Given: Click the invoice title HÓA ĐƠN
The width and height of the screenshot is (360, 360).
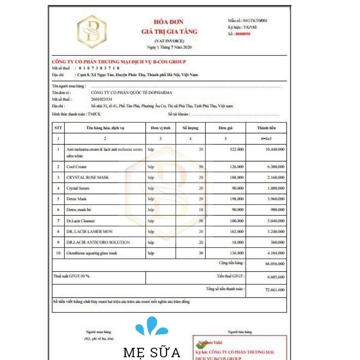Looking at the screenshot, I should (168, 22).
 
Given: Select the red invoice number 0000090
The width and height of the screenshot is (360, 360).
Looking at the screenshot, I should (243, 34).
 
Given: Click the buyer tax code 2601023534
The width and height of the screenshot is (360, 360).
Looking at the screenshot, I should (101, 99).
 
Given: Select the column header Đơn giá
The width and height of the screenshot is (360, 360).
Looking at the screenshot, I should (225, 128).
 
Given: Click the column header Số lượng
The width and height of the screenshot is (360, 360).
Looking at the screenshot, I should (190, 128).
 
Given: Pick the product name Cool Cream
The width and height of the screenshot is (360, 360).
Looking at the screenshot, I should (76, 167).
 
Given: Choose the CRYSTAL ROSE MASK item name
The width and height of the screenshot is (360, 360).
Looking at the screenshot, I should (88, 178).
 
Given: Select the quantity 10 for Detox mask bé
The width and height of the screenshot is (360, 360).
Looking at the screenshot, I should (201, 210).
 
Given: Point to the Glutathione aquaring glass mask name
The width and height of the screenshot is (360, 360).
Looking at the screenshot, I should (92, 253).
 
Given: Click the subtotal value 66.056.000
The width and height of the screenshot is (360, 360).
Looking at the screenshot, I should (275, 264).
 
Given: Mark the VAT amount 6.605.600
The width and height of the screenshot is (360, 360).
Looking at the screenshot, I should (276, 277).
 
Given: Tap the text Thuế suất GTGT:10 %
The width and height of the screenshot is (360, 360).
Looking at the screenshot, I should (71, 276).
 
